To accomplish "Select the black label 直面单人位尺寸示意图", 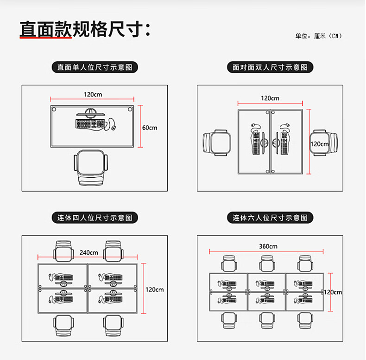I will (95, 67).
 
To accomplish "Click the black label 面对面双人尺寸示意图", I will (270, 67).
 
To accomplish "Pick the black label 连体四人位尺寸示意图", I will (95, 217).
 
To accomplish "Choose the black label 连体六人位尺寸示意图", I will (270, 217).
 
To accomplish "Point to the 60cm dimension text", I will (150, 128).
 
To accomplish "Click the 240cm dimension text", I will (88, 253).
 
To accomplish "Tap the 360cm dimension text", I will (268, 246).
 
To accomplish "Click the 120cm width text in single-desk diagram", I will (93, 95).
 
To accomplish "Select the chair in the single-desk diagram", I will (91, 168).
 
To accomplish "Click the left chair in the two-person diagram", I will (217, 142).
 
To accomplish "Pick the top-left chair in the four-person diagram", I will (64, 251).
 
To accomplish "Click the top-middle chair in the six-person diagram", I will (266, 263).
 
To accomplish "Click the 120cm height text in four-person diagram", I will (155, 289).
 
